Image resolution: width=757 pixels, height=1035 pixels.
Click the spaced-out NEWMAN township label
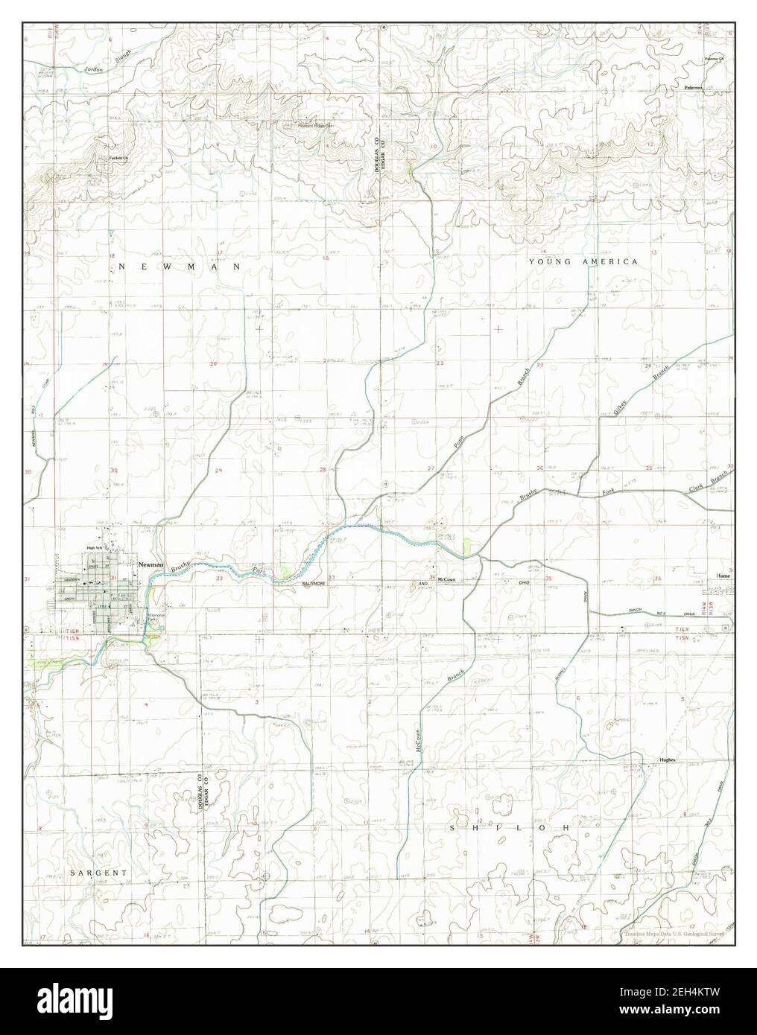pos(179,266)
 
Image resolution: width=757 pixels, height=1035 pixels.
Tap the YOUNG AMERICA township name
pos(583,261)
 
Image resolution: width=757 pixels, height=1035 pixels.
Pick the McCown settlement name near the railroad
pos(446,579)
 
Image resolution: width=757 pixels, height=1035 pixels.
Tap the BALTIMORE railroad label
pos(314,585)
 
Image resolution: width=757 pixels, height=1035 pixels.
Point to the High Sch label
pos(94,548)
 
